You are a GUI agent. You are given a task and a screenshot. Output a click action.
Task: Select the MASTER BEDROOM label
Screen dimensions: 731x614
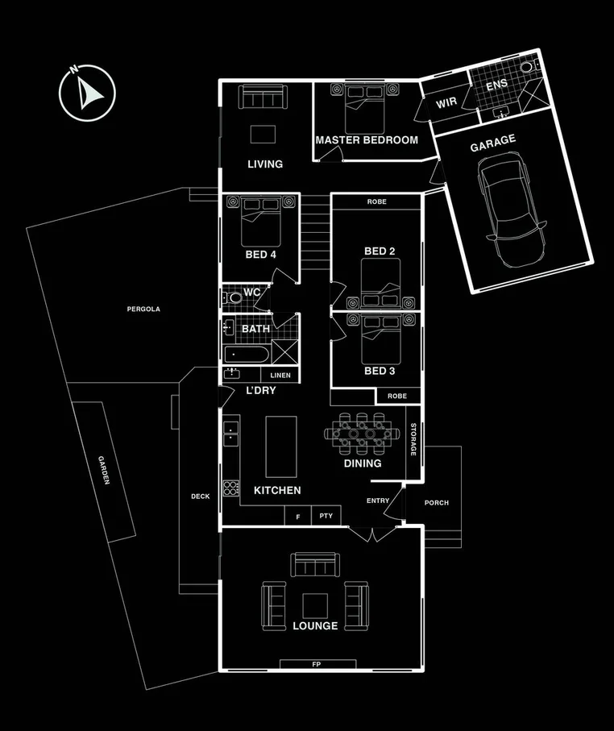click(367, 140)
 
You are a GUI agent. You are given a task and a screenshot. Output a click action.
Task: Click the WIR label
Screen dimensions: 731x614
click(447, 104)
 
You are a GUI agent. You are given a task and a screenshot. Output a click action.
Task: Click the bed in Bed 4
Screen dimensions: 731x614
click(261, 222)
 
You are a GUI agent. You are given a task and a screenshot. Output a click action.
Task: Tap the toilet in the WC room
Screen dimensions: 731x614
click(234, 298)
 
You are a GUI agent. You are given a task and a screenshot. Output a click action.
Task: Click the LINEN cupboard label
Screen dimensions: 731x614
click(280, 376)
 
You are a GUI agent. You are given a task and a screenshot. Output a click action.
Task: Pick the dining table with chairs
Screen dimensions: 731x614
click(363, 434)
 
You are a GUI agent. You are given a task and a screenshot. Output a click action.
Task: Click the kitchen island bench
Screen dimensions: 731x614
click(280, 446)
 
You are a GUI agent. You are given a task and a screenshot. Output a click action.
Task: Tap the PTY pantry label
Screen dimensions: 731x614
click(326, 516)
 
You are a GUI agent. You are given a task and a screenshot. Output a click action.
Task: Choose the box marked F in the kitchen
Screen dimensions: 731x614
click(297, 516)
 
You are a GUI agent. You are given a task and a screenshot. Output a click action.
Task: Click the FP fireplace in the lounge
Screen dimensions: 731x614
click(317, 664)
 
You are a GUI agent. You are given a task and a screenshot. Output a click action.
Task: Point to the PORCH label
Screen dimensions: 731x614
click(436, 503)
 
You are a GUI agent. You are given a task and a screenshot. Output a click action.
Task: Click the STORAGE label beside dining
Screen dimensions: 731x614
click(413, 440)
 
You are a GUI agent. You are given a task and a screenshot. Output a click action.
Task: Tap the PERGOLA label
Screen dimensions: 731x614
click(144, 309)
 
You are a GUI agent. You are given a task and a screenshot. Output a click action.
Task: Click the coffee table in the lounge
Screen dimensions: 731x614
click(315, 605)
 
